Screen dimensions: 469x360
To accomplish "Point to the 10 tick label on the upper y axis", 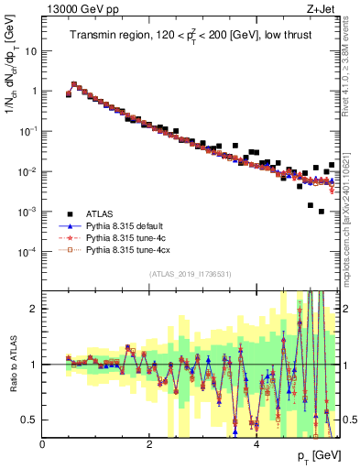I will pyautogui.click(x=32, y=51).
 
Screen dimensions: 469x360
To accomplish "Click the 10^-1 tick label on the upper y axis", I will pyautogui.click(x=29, y=131).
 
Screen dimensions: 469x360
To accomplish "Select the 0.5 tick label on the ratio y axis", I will pyautogui.click(x=32, y=420).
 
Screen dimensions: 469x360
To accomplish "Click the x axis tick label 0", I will pyautogui.click(x=43, y=443).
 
